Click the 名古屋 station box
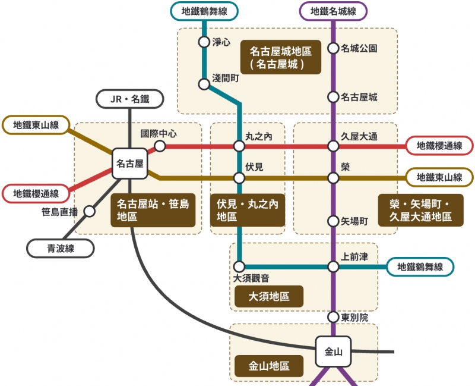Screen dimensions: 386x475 (129, 163)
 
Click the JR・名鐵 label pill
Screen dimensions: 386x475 (130, 99)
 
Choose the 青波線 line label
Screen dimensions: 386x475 (61, 248)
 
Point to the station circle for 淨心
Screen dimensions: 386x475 (204, 42)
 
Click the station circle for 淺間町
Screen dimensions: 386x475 (204, 84)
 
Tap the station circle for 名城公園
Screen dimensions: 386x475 (333, 49)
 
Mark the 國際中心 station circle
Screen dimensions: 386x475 (160, 146)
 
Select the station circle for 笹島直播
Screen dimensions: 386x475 (90, 211)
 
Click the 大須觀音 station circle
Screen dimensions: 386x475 (239, 266)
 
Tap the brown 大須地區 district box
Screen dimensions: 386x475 (269, 296)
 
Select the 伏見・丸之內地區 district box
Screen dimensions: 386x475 (247, 211)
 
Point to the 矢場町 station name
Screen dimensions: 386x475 (355, 221)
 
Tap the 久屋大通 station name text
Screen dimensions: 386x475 (359, 136)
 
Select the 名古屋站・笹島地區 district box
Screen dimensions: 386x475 (153, 211)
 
